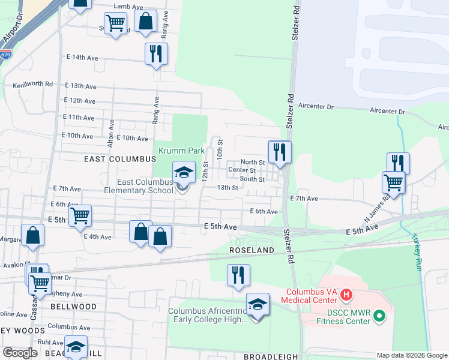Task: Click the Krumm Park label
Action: (x=182, y=151)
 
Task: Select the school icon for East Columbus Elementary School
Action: (x=184, y=174)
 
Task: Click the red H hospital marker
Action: (x=346, y=295)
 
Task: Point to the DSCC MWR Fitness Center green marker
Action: (x=379, y=314)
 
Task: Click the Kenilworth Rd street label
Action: (x=33, y=84)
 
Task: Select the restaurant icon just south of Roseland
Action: (x=238, y=275)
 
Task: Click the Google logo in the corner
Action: (x=20, y=352)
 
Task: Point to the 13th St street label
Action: (x=228, y=188)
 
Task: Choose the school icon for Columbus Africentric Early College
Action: (x=258, y=305)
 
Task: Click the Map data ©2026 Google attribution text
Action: (x=411, y=355)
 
